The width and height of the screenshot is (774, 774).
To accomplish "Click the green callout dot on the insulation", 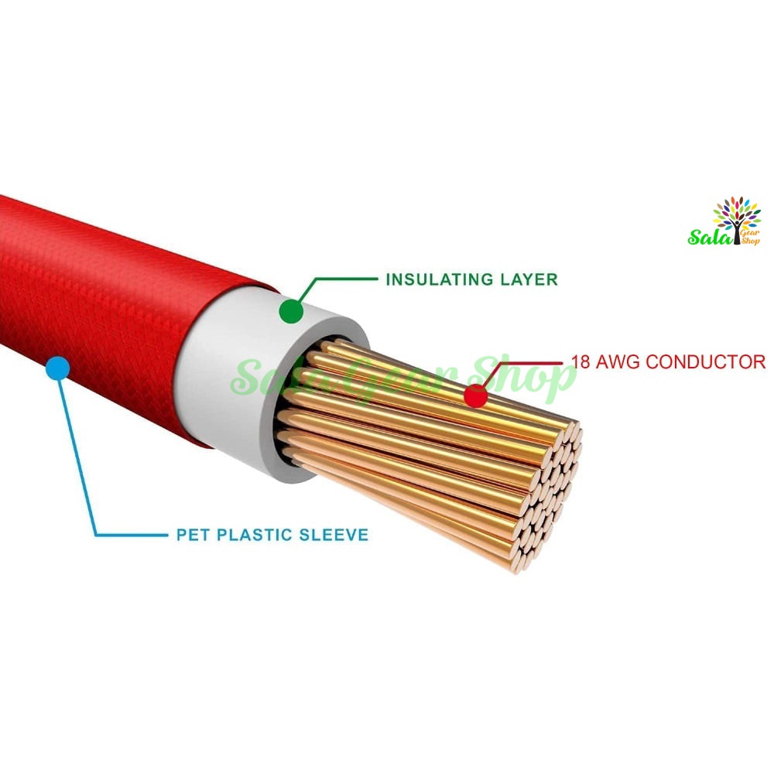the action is pos(291,311).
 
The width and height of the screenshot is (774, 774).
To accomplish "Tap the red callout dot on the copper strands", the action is pos(476,396).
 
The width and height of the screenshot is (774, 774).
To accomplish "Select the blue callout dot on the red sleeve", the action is pos(58,368).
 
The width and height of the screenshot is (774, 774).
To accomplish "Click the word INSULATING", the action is pos(440,279).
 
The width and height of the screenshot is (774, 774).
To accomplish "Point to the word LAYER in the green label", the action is pos(529,279).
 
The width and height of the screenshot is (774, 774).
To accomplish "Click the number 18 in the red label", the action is pos(580,361).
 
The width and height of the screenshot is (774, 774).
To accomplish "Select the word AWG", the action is pos(618,361).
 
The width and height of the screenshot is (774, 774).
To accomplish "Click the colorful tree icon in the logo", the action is pos(737,217).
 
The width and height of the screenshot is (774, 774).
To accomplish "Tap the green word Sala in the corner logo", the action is pos(710,237).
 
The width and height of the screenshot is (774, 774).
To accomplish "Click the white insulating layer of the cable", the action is pos(232,375).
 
